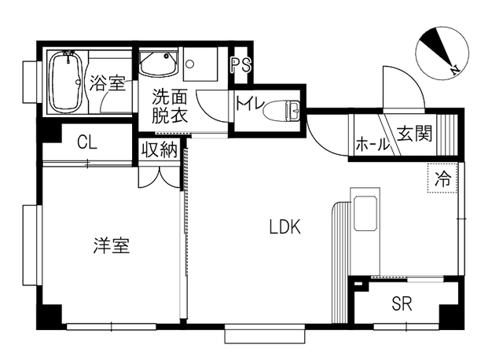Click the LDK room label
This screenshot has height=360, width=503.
coord(285,226)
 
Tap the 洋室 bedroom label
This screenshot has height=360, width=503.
coord(112,245)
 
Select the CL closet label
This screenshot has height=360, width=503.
coord(87,142)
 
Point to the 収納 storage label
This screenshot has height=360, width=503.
coord(160,149)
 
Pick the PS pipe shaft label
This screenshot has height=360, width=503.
coord(241,65)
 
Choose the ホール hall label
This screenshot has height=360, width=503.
coord(372,145)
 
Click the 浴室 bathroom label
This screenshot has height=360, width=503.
coord(108,82)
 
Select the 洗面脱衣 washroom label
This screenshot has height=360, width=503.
coord(170,106)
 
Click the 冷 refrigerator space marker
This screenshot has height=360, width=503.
coord(442,178)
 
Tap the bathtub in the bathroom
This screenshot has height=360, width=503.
coord(67,82)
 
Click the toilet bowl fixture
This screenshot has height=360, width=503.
coord(281,110)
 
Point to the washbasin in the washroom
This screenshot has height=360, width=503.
coord(159,63)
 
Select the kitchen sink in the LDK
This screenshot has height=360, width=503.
coord(365,213)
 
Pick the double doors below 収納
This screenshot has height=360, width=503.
coord(159,177)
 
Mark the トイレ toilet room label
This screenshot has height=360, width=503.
coord(250,103)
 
